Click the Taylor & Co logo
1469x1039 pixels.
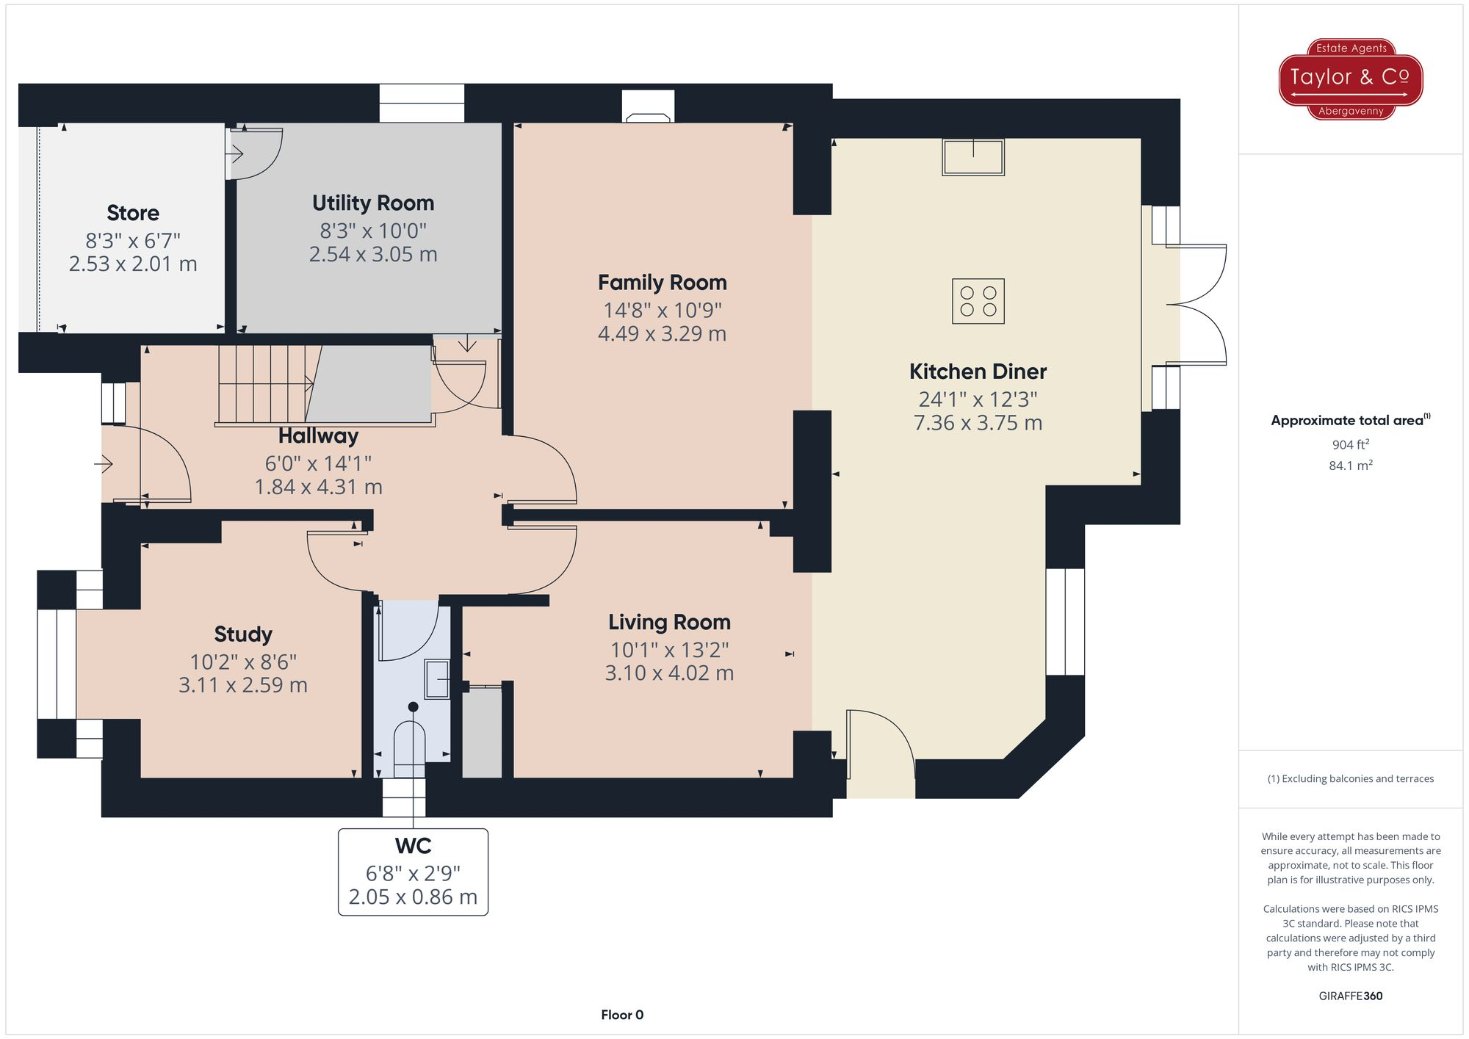(1350, 79)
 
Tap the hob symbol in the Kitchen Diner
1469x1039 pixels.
(978, 301)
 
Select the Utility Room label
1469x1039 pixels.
(373, 203)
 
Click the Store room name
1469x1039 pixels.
(133, 213)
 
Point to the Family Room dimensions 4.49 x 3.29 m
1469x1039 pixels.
(662, 333)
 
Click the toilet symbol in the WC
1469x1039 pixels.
(410, 747)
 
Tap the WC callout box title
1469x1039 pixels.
(413, 846)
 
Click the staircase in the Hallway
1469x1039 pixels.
(264, 384)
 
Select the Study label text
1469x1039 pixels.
(243, 634)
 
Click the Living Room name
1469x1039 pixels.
(669, 622)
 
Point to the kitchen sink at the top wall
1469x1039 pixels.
(973, 157)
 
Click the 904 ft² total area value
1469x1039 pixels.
(1350, 444)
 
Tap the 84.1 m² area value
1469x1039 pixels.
(1350, 466)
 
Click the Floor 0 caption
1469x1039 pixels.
(621, 1015)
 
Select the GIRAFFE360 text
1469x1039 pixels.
(1350, 996)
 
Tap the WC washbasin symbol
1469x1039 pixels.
(438, 679)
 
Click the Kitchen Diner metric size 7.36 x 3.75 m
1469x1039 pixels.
(978, 423)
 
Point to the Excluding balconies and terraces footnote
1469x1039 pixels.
(1350, 778)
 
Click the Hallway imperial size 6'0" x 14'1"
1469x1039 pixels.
(318, 463)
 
